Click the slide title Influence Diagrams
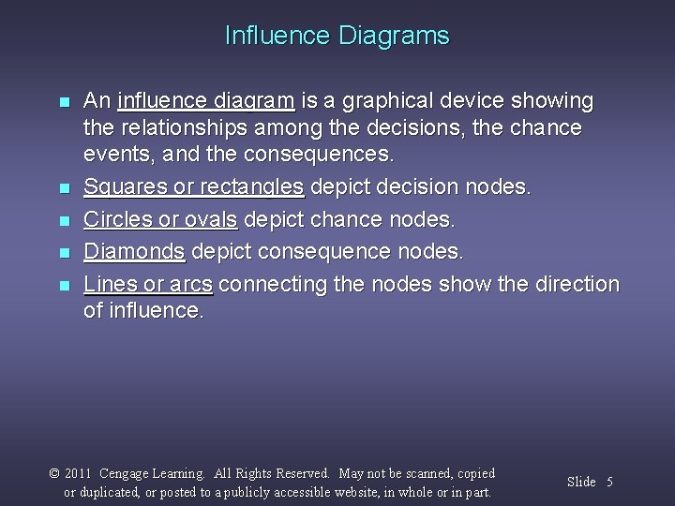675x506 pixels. [337, 37]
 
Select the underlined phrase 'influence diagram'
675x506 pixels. [207, 100]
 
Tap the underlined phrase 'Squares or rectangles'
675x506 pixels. [194, 186]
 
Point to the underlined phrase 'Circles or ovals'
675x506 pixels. [161, 219]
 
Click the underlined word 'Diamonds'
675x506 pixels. [135, 251]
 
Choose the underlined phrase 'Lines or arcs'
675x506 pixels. [148, 283]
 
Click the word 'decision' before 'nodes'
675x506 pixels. [404, 186]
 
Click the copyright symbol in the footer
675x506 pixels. [54, 474]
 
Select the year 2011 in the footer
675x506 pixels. [78, 474]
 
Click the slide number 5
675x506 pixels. [609, 482]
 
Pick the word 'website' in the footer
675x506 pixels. [367, 492]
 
